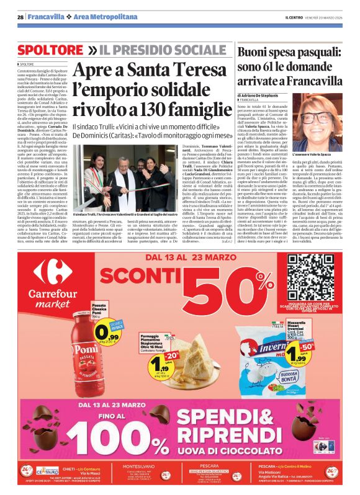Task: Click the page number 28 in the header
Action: pos(20,17)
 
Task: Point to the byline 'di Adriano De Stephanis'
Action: pos(263,94)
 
